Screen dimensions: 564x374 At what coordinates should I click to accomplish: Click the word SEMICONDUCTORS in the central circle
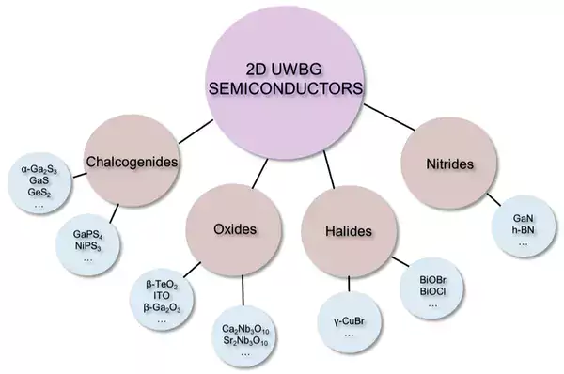tap(286, 88)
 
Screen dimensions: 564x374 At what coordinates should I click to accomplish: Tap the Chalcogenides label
tap(132, 162)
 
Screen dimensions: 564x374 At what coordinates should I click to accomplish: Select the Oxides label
tap(235, 229)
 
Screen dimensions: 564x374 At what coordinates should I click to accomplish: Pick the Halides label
tap(349, 231)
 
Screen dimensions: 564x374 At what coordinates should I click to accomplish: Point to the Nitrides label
tap(449, 164)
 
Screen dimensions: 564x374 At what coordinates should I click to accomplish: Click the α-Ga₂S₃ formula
tap(39, 169)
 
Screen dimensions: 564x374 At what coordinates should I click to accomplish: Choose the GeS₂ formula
tap(39, 193)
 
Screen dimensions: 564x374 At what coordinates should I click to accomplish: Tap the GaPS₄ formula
tap(87, 235)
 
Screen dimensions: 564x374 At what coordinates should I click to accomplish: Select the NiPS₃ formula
tap(87, 246)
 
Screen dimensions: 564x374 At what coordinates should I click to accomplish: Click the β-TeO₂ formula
tap(162, 285)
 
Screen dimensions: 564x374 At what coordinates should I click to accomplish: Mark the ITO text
tap(162, 296)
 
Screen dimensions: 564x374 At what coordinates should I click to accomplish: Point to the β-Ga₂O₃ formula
tap(162, 308)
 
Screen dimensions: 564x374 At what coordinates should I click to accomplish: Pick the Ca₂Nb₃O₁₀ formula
tap(245, 330)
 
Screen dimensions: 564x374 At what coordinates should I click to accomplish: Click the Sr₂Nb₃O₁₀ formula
tap(245, 341)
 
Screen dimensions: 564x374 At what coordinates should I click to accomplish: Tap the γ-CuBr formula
tap(349, 321)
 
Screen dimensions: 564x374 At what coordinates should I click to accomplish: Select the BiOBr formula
tap(433, 280)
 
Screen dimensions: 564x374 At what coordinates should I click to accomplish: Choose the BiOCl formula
tap(433, 291)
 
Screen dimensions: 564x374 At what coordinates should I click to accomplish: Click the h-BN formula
tap(523, 229)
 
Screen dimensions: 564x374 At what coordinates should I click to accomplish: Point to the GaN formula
tap(523, 218)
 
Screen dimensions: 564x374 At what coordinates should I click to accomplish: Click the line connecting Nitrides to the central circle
tap(389, 117)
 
